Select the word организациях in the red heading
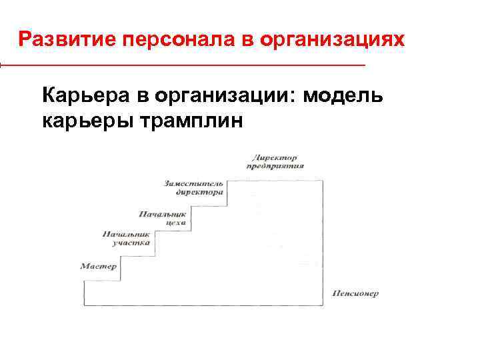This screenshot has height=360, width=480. pos(332,40)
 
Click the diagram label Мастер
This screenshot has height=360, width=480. pos(99,266)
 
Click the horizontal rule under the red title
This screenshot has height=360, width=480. pos(183,65)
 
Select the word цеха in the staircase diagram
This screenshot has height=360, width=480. pos(157,224)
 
